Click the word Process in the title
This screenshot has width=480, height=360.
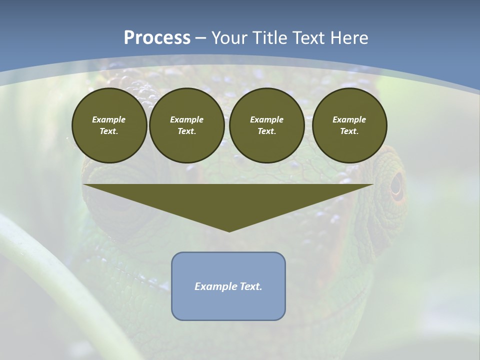pos(157,38)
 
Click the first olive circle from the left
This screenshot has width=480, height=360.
pos(109,125)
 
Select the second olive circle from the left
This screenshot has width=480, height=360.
pos(187,125)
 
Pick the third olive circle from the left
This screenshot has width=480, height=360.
pos(267,125)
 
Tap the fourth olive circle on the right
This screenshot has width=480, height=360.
pos(349,125)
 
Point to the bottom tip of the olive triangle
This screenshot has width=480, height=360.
pos(229,231)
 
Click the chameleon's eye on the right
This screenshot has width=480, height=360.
pos(396,184)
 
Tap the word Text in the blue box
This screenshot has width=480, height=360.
pos(252,286)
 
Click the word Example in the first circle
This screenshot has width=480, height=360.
pos(109,119)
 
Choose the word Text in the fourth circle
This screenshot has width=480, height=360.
pos(349,131)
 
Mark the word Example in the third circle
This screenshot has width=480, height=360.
pos(267,119)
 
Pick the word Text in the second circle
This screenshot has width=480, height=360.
pos(187,131)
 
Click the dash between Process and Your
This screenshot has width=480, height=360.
pos(200,38)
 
